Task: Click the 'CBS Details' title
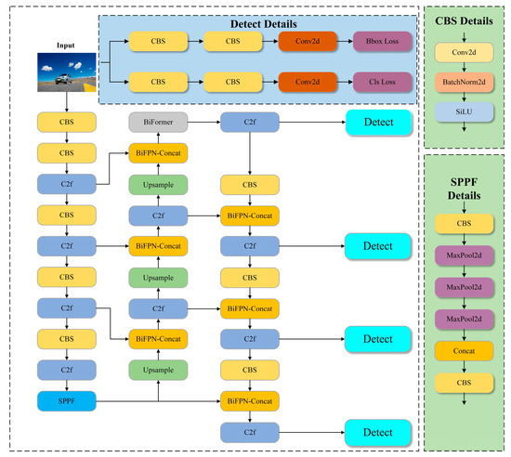coord(463,19)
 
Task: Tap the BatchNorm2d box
coord(463,83)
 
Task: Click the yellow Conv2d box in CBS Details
coord(463,53)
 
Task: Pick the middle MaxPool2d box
coord(463,288)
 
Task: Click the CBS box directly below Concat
coord(463,383)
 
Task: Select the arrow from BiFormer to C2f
coord(203,122)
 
